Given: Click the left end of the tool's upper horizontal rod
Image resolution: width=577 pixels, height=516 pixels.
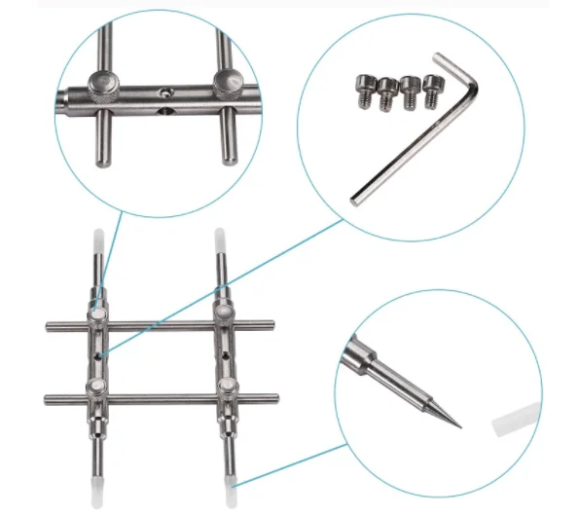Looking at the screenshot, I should pos(49,325).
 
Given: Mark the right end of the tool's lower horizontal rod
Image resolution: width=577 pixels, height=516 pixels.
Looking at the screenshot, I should pos(274,396).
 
